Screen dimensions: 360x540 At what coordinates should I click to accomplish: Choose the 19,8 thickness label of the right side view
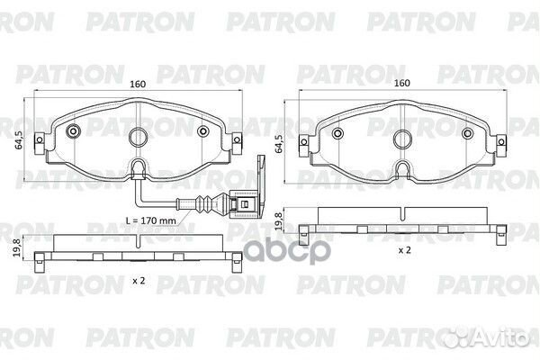click(280, 219)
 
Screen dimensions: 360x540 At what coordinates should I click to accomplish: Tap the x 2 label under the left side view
click(138, 283)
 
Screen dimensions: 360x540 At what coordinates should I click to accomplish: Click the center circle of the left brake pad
click(138, 136)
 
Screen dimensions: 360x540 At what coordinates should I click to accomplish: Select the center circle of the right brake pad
click(401, 136)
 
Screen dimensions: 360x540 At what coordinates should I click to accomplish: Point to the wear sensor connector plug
click(240, 203)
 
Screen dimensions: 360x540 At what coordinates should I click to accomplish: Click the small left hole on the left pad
click(70, 131)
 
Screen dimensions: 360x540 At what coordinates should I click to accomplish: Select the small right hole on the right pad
click(468, 131)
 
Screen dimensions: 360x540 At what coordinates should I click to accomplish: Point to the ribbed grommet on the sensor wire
click(204, 202)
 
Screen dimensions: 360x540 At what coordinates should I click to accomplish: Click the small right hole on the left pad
click(204, 131)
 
